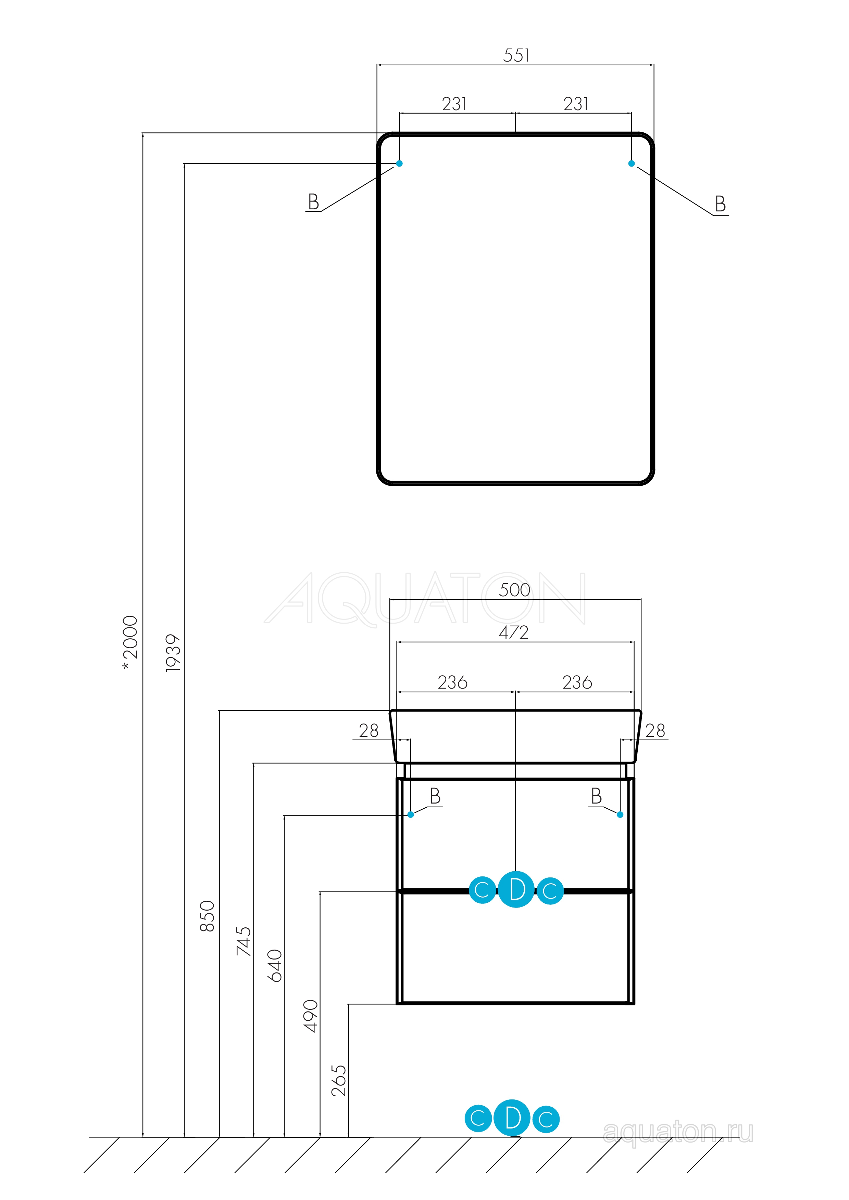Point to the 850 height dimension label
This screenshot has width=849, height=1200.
point(207,916)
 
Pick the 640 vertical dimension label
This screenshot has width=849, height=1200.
point(275,966)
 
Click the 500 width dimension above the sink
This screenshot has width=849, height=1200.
point(515,590)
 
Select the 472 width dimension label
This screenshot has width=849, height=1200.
point(514,632)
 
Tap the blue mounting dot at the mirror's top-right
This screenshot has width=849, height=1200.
point(632,164)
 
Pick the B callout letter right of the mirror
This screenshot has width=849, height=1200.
point(720,204)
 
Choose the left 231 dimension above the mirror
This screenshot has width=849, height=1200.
point(454,104)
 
